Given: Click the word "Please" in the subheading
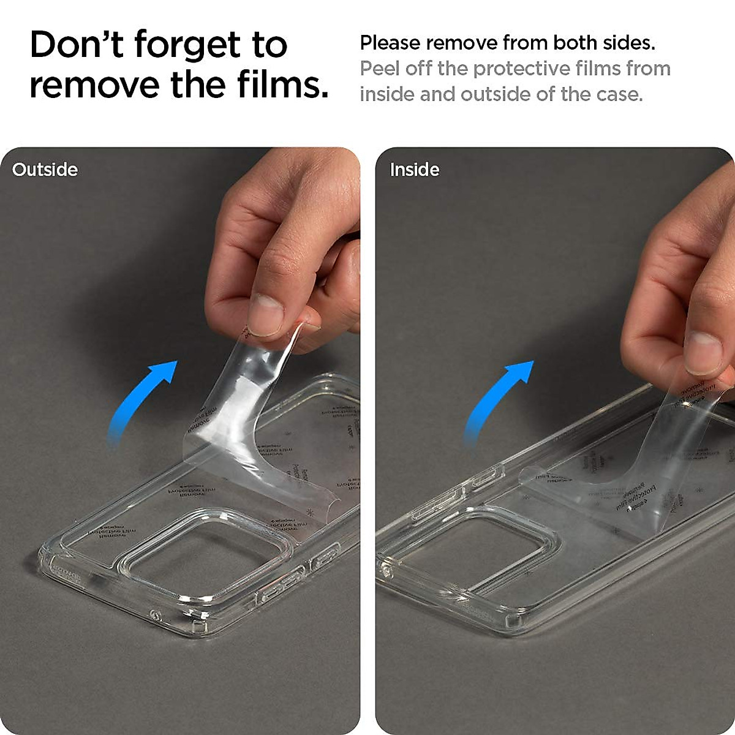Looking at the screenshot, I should (390, 43).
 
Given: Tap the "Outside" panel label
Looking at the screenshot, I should (45, 170).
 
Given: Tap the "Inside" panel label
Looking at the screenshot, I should (415, 170).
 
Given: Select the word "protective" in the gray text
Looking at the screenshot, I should (520, 69).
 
